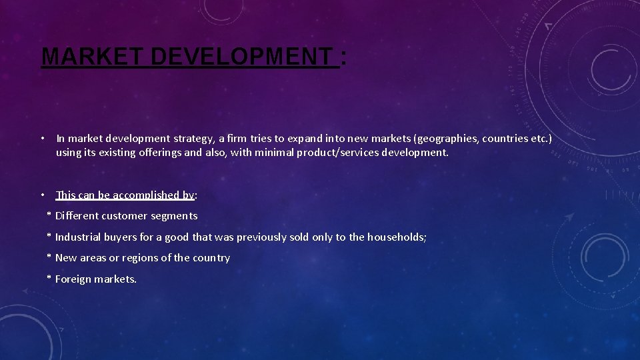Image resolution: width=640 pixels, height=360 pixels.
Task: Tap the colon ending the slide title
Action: [343, 57]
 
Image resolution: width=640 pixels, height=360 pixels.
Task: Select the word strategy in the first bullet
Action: [194, 139]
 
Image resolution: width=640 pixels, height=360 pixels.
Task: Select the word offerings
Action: [157, 153]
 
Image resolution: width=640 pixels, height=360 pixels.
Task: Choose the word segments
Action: [175, 216]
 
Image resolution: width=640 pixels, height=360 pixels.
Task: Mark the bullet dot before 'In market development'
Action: [42, 139]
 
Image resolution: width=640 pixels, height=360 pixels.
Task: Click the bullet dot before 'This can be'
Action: [42, 195]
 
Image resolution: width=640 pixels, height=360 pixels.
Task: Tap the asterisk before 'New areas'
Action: [49, 257]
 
